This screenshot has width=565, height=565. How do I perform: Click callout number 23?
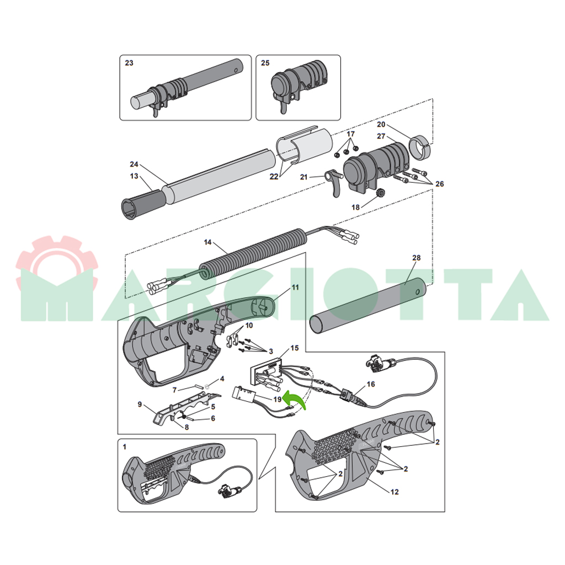(x=129, y=63)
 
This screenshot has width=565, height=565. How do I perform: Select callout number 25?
(x=265, y=63)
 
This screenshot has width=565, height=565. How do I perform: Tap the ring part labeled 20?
(x=420, y=147)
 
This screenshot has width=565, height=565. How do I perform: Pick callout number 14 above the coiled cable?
(x=207, y=242)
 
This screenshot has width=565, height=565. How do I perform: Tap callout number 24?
(x=134, y=164)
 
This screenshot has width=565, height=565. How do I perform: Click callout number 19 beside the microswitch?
(x=277, y=399)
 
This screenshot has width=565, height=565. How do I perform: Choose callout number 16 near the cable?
(x=371, y=384)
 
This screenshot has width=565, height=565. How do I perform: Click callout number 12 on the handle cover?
(x=395, y=492)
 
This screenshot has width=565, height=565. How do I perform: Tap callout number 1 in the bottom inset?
(x=125, y=447)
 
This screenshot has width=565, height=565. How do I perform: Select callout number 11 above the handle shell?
(x=296, y=287)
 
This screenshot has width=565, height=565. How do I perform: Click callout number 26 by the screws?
(x=440, y=184)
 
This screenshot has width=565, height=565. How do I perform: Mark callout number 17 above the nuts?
(x=350, y=134)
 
